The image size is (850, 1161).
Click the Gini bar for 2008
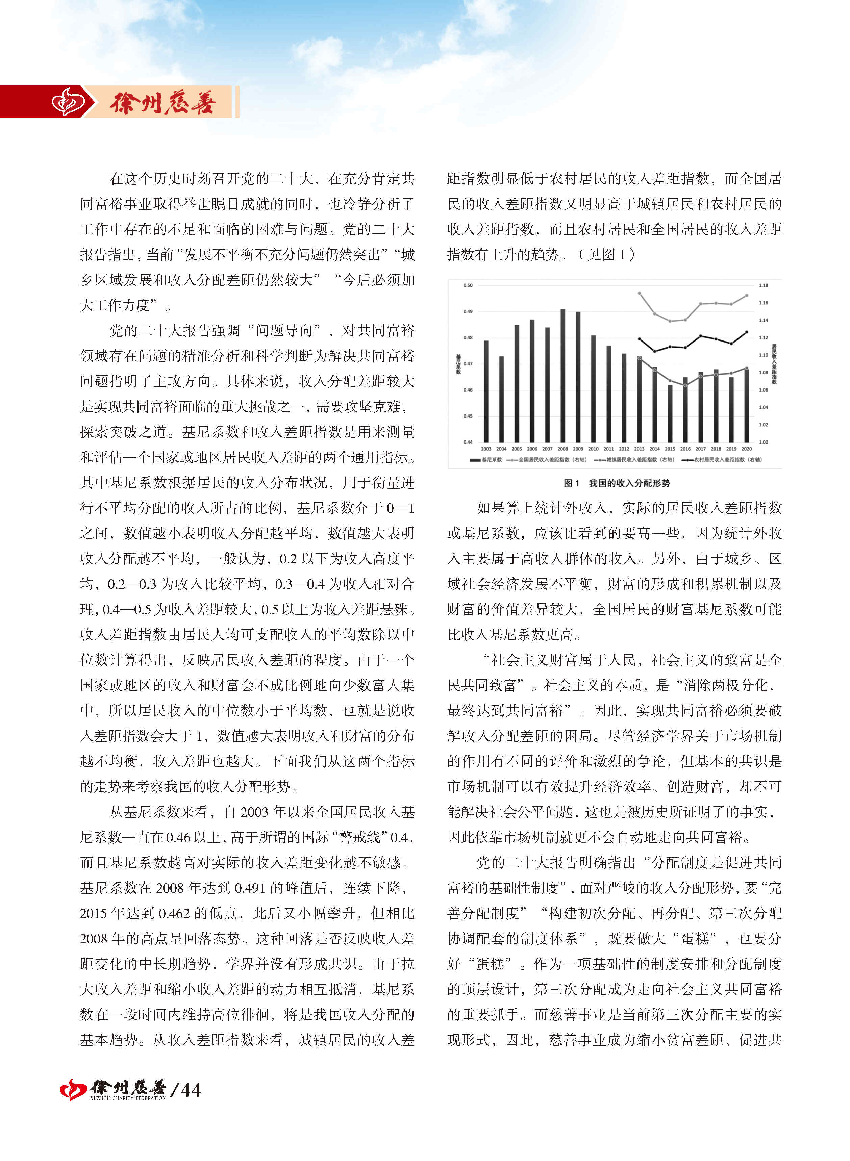[x=562, y=376]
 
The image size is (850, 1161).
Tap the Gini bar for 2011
[x=609, y=394]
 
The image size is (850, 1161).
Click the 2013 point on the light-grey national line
[x=639, y=293]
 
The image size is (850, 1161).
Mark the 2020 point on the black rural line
[x=747, y=332]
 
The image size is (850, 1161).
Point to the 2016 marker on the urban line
[x=685, y=385]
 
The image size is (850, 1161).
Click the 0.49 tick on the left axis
[x=467, y=311]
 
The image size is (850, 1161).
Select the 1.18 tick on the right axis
[x=764, y=285]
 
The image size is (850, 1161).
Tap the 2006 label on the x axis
[x=532, y=449]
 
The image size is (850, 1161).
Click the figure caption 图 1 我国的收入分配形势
[x=617, y=483]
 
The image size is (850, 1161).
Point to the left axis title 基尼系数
[x=458, y=364]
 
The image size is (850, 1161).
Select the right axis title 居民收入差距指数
[x=774, y=364]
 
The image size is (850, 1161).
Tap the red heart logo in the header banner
[x=69, y=102]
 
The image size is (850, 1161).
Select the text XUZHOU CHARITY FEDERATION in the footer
[x=128, y=1098]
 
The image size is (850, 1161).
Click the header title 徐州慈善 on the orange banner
[x=162, y=103]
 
